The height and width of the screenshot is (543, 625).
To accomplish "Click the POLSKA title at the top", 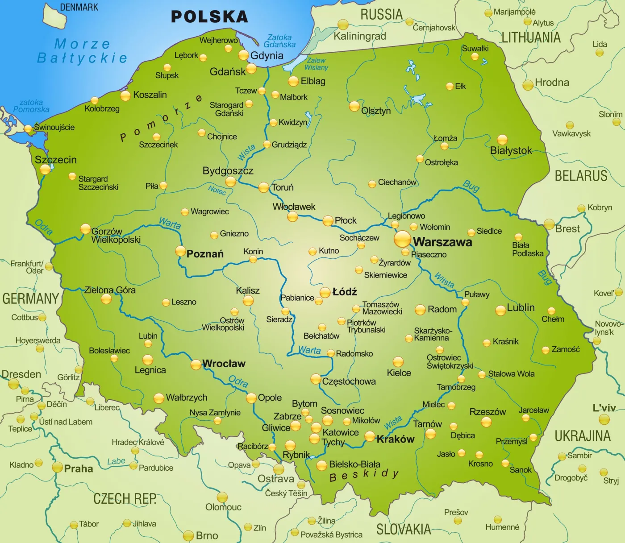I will tap(209, 17).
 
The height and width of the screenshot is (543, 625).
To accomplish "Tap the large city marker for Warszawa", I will tap(402, 239).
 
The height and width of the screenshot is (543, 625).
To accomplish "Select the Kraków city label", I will tap(396, 439).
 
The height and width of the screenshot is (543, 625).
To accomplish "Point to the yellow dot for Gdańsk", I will tap(251, 68).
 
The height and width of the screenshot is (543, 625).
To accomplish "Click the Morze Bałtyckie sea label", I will tap(82, 51).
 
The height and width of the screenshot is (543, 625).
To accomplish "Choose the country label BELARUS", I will tap(581, 176).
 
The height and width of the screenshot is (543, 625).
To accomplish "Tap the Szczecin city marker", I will tap(45, 169).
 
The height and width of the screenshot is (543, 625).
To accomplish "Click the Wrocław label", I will tap(224, 364).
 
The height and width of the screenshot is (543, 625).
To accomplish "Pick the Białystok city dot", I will tap(502, 140).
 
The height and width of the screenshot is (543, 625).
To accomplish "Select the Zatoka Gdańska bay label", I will tap(279, 41).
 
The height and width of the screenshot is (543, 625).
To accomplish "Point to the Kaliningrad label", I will tap(360, 36).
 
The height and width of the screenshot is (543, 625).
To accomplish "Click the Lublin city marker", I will tap(500, 311).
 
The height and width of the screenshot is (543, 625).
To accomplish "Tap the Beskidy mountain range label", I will tap(364, 475).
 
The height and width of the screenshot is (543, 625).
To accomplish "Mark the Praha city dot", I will tap(57, 467).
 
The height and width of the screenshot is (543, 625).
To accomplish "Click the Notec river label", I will tap(217, 190).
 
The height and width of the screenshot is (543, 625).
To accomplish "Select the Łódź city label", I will tap(345, 292).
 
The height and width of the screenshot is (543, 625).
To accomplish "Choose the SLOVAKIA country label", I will tap(403, 529).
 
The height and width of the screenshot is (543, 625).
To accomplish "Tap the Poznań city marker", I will tap(180, 251).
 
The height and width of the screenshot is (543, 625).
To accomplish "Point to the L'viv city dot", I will tap(604, 419).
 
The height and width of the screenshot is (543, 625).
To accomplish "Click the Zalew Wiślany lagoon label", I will tap(316, 64).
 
